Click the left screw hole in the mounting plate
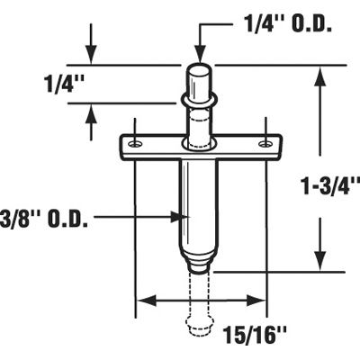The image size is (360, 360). click(134, 144)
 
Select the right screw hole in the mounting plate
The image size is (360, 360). click(264, 144)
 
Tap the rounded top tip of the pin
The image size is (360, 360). click(200, 69)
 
